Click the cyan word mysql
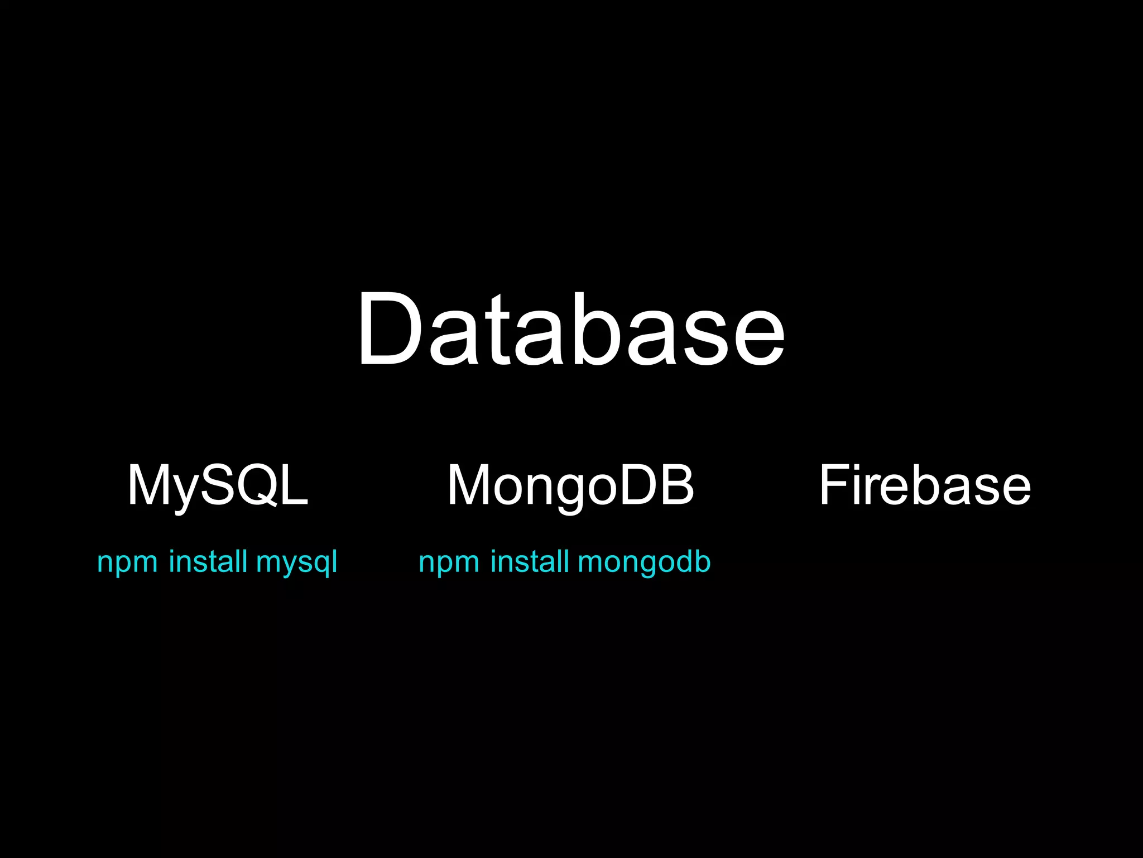(x=296, y=562)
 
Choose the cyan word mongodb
(x=644, y=562)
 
